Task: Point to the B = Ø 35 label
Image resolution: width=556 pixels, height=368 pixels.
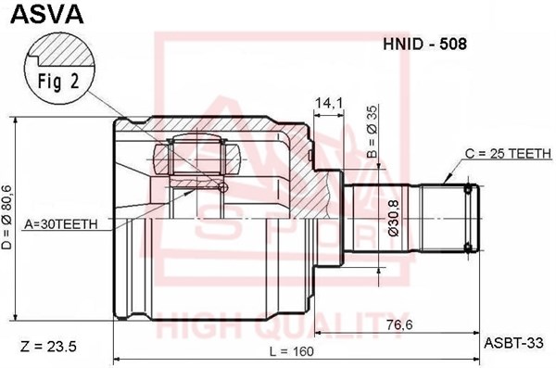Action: point(371,120)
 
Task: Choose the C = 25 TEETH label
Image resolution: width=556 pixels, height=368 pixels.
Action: point(509,152)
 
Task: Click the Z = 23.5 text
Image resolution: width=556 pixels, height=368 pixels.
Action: point(46,347)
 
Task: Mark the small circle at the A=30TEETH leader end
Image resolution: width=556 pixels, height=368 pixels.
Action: point(222,189)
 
